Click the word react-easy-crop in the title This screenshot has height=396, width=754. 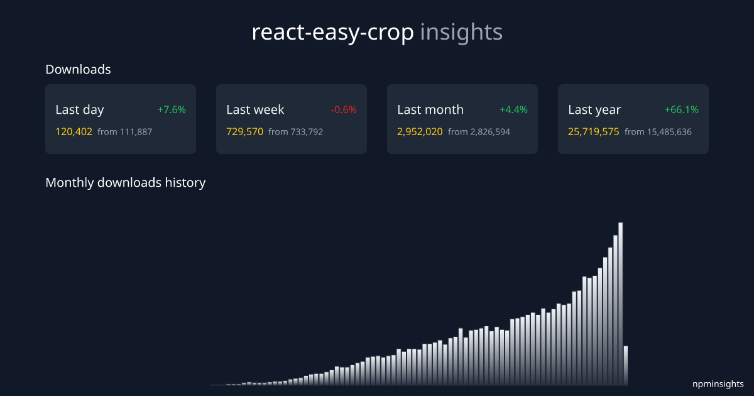click(x=332, y=33)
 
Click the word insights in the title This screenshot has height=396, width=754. click(x=461, y=33)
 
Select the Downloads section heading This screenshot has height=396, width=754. click(x=78, y=70)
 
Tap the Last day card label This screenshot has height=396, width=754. click(x=80, y=109)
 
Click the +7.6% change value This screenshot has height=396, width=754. click(x=172, y=109)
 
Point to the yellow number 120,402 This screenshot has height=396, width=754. click(x=74, y=132)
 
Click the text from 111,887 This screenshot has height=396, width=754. click(x=125, y=132)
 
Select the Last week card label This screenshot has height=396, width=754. click(x=255, y=109)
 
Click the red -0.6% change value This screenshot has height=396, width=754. click(x=344, y=109)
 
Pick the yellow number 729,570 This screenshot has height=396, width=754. click(x=245, y=132)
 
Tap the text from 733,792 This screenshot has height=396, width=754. click(x=296, y=132)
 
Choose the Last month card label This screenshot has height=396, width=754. click(x=430, y=109)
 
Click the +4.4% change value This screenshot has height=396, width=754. click(x=513, y=109)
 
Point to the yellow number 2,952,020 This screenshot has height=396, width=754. click(x=420, y=132)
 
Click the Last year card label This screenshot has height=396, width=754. click(x=594, y=109)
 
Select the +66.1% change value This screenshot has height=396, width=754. click(x=682, y=109)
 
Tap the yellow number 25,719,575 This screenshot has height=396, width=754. click(x=594, y=132)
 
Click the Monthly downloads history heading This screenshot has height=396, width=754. click(x=126, y=183)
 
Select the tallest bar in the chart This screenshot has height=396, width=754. click(x=620, y=302)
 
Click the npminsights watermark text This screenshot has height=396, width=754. click(x=718, y=383)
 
